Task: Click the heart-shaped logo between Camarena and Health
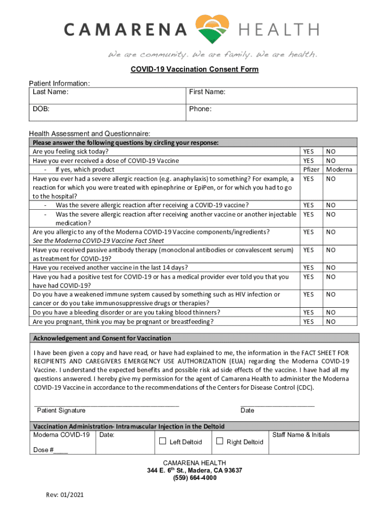[213, 29]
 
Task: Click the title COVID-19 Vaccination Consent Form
[194, 69]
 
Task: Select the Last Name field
[107, 96]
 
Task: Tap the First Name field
[272, 96]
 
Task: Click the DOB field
[107, 113]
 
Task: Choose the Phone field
[272, 113]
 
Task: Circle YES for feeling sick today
[308, 151]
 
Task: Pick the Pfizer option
[310, 169]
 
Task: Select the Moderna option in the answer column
[339, 169]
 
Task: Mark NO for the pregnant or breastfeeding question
[331, 321]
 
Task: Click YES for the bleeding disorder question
[308, 312]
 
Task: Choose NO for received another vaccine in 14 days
[331, 268]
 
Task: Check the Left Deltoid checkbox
[163, 442]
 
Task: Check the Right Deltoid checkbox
[220, 442]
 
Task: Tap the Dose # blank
[60, 450]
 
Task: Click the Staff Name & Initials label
[301, 435]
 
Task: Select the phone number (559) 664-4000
[194, 478]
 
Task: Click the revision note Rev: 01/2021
[64, 495]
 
